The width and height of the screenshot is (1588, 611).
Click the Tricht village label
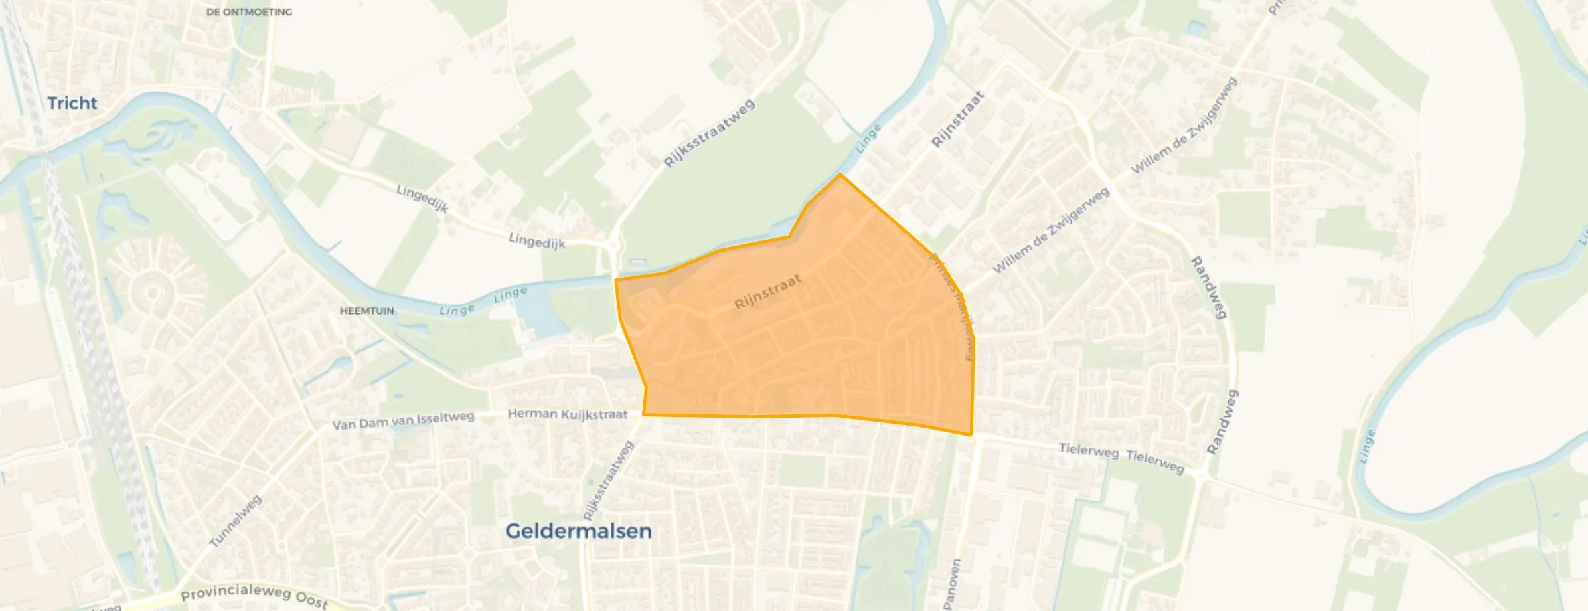pos(72,104)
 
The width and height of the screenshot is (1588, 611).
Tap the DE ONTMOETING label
pos(249,12)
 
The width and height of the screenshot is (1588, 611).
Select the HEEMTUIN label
pos(366,311)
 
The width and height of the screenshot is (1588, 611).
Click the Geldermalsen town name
pos(578,531)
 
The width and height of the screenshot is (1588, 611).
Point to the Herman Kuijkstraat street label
pos(568,414)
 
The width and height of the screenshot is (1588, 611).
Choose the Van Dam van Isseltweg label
pos(403,420)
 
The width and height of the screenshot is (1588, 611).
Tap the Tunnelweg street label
pos(236,521)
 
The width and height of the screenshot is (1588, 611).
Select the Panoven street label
pos(952,583)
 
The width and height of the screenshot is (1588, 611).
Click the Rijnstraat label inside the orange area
pos(768,293)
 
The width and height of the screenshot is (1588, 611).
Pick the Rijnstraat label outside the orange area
pos(958,120)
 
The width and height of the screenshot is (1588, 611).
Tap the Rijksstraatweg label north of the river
pos(709,133)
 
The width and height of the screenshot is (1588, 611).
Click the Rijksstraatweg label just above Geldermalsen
pos(608,481)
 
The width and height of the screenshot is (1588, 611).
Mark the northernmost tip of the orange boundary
pos(840,175)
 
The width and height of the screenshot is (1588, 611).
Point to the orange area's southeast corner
pos(971,435)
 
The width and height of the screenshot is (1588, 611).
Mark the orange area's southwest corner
pos(644,415)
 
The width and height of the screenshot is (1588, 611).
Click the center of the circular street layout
pos(152,293)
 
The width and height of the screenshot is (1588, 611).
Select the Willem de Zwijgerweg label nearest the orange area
pos(1050,230)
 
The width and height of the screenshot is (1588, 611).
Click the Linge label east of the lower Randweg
pos(1366,446)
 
